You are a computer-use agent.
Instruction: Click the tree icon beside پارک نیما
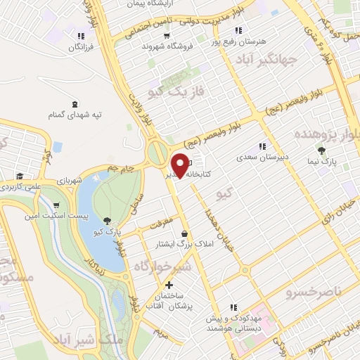[322, 150]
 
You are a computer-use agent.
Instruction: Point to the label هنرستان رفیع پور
[262, 41]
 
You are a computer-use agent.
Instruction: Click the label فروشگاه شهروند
[164, 46]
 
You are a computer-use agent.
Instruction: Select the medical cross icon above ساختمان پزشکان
[168, 285]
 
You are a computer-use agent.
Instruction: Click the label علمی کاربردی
[20, 187]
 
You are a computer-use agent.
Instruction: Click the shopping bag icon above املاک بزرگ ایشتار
[184, 233]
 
